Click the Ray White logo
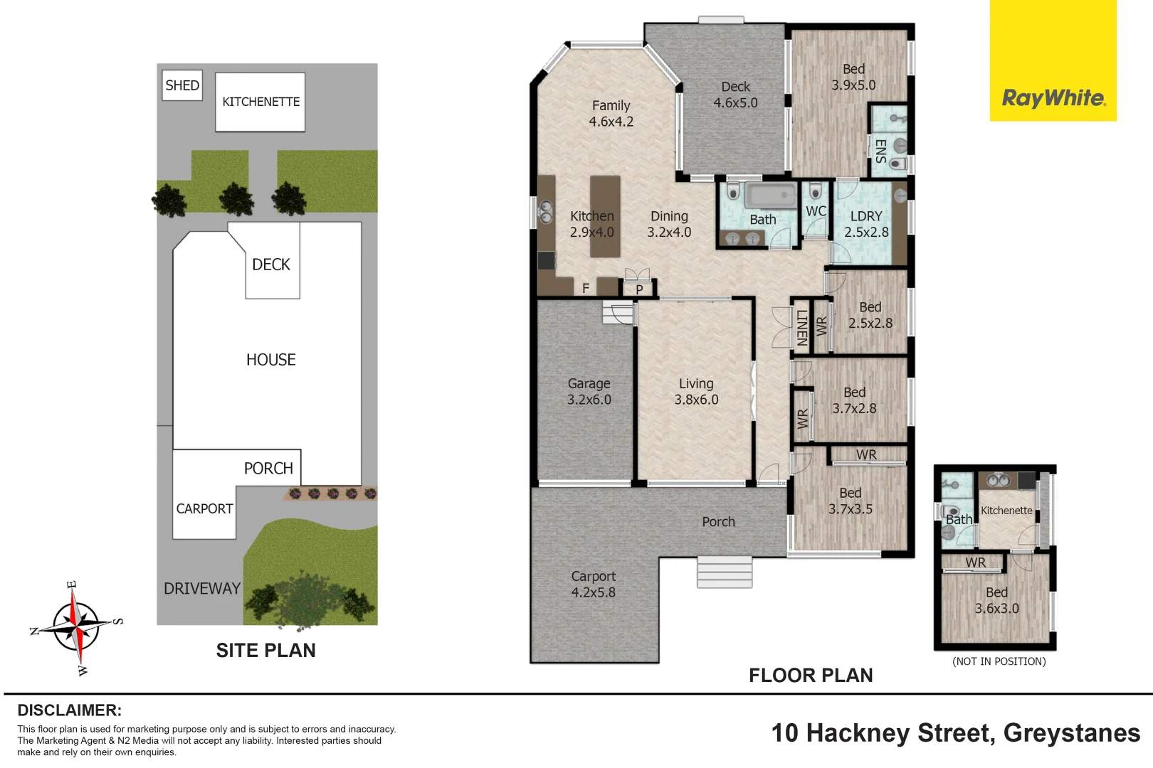tap(1053, 60)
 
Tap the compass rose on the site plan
tap(76, 626)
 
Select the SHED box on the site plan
tap(182, 85)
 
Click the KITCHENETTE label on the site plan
tap(260, 102)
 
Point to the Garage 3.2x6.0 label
tap(589, 391)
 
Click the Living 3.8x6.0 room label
tap(697, 391)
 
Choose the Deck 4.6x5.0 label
tap(735, 95)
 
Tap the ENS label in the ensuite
tap(880, 151)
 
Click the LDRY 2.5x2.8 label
tap(866, 224)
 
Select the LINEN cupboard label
tap(802, 328)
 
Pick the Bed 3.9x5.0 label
tap(853, 78)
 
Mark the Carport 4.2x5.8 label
tap(594, 585)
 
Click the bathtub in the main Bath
tap(771, 196)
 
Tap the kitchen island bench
tap(605, 217)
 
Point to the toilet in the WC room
tap(816, 192)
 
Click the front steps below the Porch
tap(725, 572)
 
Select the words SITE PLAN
tap(265, 651)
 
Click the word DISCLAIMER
tap(70, 710)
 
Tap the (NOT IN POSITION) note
tap(999, 661)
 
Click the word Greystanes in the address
tap(1072, 734)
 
